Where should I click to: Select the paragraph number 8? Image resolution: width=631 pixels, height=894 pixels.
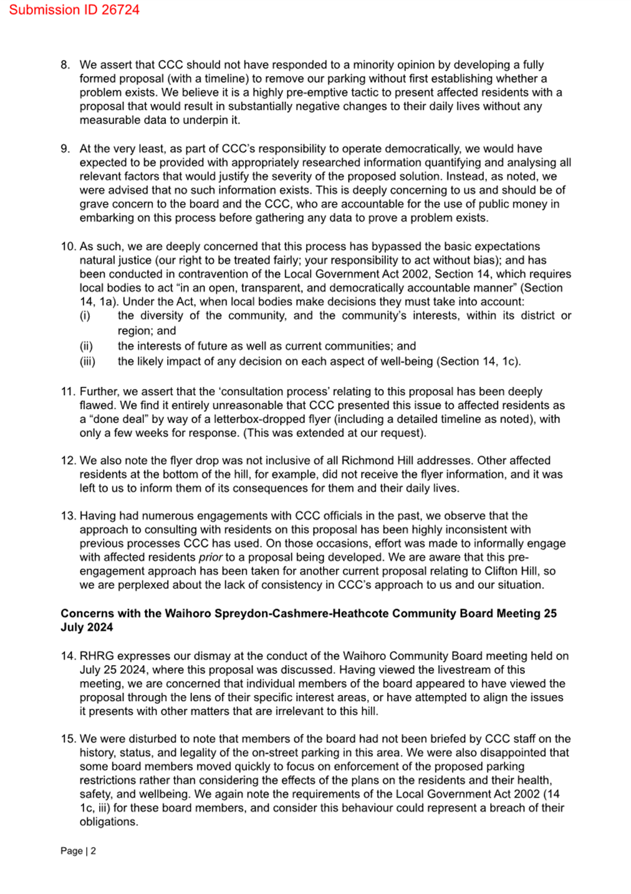[65, 65]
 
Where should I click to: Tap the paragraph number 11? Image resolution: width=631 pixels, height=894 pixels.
[68, 392]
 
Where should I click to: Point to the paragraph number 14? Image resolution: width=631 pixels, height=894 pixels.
[68, 656]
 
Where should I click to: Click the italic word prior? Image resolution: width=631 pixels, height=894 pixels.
[210, 558]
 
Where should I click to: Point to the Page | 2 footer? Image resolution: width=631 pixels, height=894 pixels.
[78, 851]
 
